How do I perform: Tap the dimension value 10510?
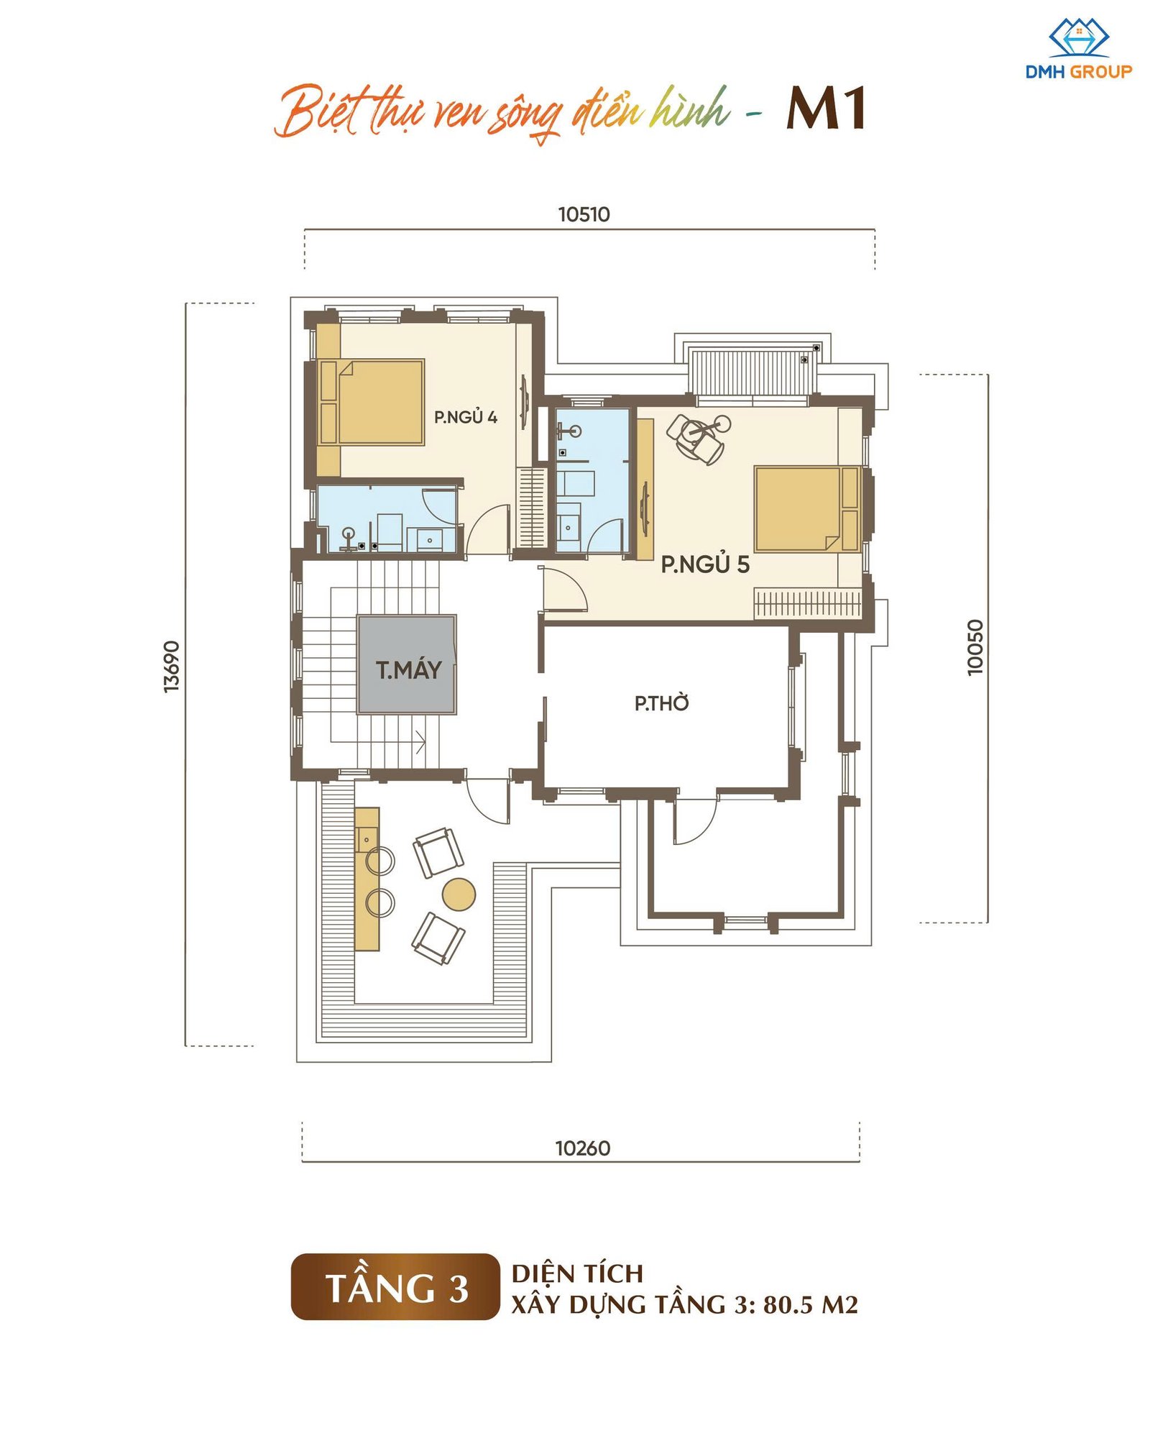(x=584, y=214)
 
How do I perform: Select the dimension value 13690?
(x=172, y=667)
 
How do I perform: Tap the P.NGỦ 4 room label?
(x=465, y=417)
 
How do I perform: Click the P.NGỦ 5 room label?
(x=705, y=564)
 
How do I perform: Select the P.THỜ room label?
(x=661, y=703)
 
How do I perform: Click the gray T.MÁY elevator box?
(x=407, y=664)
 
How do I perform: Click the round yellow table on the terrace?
(x=459, y=894)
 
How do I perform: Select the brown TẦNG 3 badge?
(x=395, y=1286)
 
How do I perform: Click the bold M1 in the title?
(x=826, y=109)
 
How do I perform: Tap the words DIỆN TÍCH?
(x=577, y=1273)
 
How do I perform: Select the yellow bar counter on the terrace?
(x=367, y=879)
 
